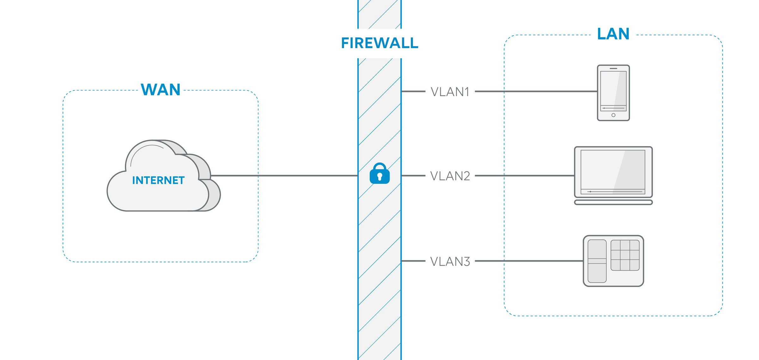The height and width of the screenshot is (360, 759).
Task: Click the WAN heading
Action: pos(161,90)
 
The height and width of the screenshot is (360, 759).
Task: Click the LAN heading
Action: pos(613,34)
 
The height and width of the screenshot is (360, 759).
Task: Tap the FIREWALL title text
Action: pos(379,43)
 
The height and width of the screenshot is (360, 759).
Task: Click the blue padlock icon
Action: pos(379,174)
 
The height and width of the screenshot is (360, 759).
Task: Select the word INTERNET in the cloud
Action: pos(158,180)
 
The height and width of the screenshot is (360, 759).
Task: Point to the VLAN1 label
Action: pos(450,92)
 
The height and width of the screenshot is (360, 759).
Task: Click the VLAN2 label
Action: pos(450,176)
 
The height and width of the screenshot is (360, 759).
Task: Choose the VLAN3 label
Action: pos(450,262)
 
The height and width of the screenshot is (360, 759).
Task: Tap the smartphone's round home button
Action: pos(613,115)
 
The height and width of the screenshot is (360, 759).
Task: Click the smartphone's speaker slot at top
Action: pos(613,68)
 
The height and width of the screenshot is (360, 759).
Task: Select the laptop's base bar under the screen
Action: pos(613,202)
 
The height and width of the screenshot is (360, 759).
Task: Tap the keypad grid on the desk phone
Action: pos(625,255)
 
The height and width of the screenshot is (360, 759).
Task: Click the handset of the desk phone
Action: pos(597,261)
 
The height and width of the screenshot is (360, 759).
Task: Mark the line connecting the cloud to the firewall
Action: pos(285,176)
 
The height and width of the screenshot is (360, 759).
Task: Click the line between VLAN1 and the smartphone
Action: pos(538,91)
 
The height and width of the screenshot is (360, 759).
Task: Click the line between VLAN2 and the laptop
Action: pos(525,176)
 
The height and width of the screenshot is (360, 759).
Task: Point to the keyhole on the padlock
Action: pos(379,177)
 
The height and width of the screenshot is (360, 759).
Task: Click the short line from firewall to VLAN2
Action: pos(413,176)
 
